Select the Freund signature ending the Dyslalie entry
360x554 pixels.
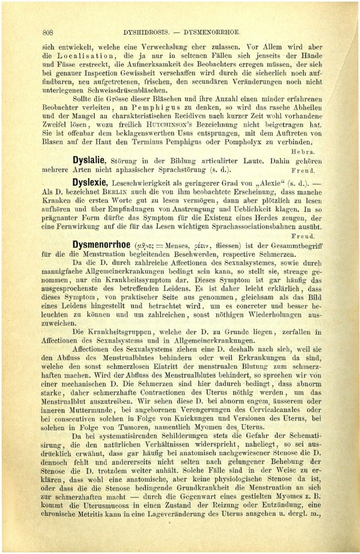pos(314,171)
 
